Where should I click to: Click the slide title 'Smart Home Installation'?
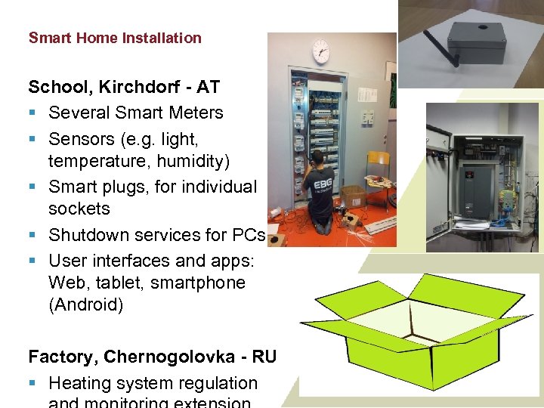115,38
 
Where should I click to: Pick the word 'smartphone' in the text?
203,283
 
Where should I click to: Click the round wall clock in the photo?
320,51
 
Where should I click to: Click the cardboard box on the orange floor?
353,198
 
